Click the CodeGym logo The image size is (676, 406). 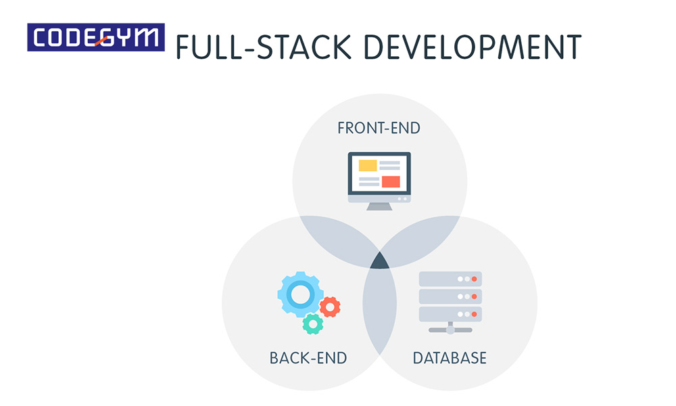pos(96,37)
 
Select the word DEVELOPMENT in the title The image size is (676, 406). pos(473,47)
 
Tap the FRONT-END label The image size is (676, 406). pos(379,128)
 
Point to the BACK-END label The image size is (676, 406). pos(308,358)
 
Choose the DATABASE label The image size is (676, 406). pos(450,358)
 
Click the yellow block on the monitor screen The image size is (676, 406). pos(368,165)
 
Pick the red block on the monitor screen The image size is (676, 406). pos(391,181)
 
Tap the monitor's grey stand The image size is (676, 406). pos(379,206)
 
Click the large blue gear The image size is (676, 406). pos(301,294)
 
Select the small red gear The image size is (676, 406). pos(331,307)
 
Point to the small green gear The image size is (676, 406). pos(313,324)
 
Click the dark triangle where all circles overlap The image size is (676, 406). pos(380,261)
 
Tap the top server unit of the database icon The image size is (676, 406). pos(450,279)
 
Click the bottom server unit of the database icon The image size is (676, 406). pos(450,314)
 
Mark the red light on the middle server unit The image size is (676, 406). pos(475,297)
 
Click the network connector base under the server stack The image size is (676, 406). pos(450,329)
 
